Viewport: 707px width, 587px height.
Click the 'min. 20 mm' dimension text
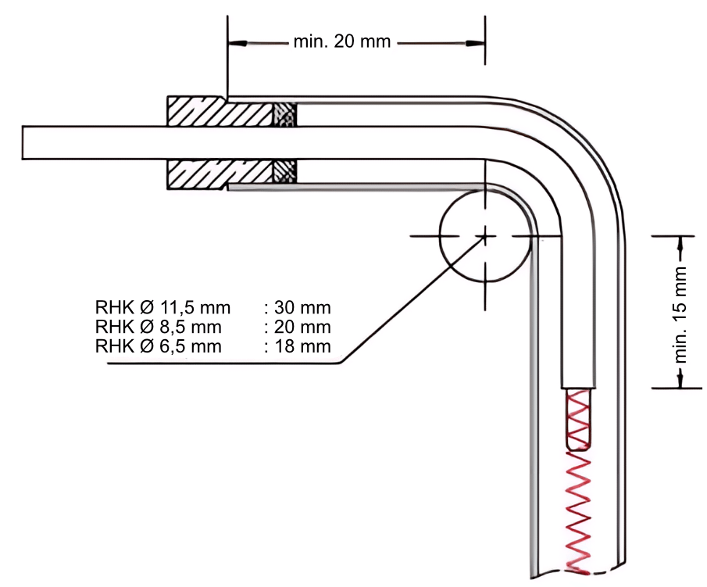[341, 41]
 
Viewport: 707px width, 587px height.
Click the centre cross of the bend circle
[484, 234]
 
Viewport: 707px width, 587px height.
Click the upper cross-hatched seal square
[284, 113]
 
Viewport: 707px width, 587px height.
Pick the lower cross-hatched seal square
[284, 172]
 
